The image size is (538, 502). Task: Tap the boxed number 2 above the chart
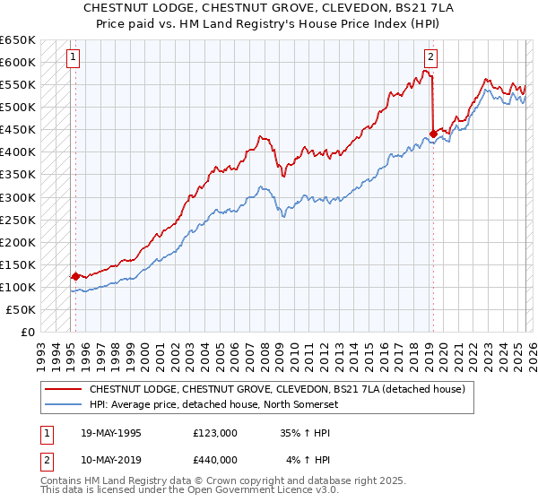pyautogui.click(x=431, y=58)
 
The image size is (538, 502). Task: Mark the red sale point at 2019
pyautogui.click(x=433, y=134)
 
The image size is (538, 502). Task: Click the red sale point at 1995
pyautogui.click(x=75, y=276)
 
